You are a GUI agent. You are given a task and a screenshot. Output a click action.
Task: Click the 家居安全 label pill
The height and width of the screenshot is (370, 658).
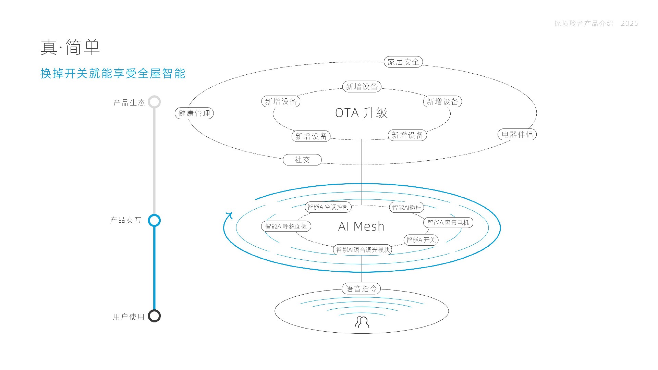403,62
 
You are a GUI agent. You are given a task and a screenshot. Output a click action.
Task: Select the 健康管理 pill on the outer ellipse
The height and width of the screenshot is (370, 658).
194,113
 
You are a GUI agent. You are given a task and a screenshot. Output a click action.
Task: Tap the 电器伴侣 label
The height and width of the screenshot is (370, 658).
517,134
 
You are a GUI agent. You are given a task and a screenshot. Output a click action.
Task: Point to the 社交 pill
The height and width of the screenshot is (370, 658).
302,160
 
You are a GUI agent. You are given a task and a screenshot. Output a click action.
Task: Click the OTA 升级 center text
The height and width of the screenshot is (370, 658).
361,113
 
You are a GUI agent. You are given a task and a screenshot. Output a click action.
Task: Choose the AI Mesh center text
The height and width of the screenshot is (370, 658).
361,226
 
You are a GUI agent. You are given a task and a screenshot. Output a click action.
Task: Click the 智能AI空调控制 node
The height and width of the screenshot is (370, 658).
328,207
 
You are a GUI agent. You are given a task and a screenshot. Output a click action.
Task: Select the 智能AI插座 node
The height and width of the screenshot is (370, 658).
406,207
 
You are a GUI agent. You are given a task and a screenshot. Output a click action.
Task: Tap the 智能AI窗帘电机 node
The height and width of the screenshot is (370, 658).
448,223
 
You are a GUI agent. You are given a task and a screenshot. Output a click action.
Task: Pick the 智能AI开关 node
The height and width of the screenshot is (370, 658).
421,240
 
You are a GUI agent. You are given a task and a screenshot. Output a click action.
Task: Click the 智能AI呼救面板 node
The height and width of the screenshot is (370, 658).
286,226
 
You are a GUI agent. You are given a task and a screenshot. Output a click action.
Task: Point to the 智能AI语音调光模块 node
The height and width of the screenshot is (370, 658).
363,250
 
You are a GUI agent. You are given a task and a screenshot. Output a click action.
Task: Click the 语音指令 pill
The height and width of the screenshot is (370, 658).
361,288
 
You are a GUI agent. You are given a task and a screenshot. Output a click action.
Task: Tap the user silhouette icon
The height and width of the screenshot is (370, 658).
362,322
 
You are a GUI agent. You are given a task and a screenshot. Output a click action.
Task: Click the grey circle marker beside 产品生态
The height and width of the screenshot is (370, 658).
154,102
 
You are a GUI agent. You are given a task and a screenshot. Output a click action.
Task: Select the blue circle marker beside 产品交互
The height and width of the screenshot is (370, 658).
154,220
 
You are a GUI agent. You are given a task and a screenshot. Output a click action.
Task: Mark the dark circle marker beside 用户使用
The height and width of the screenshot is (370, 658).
154,316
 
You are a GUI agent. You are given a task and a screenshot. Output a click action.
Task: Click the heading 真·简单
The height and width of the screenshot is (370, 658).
70,47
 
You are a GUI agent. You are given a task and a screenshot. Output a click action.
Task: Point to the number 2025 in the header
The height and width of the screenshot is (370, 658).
629,23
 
